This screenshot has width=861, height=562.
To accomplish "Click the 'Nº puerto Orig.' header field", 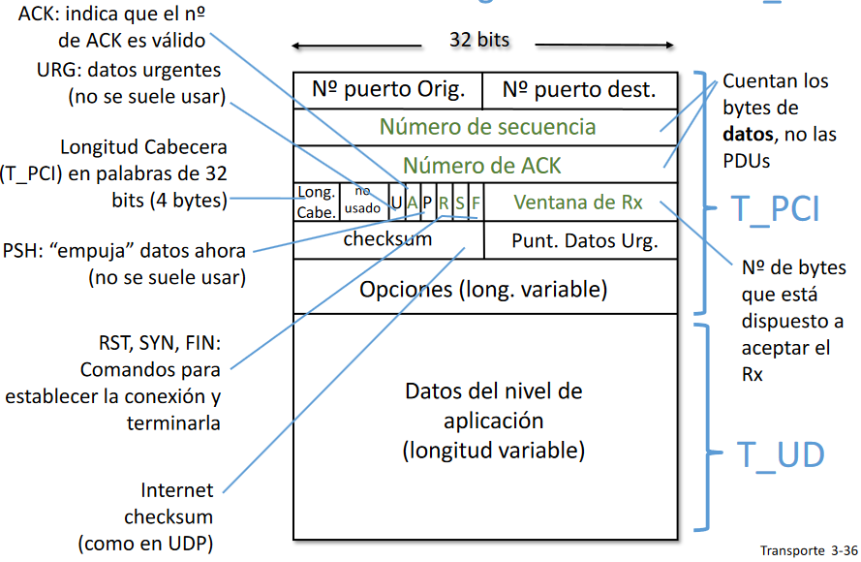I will pos(387,90).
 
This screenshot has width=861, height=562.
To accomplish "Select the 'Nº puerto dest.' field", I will pos(579,90).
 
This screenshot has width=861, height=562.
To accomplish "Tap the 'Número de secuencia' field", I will pos(486,127).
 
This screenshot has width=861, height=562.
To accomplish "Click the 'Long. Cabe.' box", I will pos(317,202).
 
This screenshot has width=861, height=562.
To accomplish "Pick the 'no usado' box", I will pos(362,202).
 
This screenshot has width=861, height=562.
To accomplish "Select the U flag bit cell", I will pos(395,203).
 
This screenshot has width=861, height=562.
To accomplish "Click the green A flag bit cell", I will pos(412,203).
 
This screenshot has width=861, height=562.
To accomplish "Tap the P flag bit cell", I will pos(427,203).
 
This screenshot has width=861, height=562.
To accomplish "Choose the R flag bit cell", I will pos(444,203).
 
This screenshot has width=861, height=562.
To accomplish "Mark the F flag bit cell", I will pos(475,203).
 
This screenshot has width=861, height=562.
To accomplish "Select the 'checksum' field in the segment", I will pos(387,239).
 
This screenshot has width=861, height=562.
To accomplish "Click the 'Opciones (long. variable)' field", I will pos(483,289).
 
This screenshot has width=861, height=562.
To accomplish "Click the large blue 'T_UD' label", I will pos(781,453).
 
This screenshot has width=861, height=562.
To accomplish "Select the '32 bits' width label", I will pos(479,41).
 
